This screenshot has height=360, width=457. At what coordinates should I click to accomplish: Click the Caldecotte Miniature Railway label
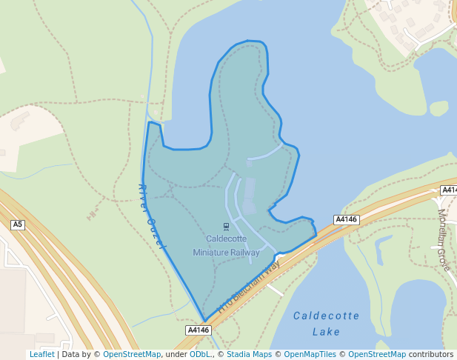226,245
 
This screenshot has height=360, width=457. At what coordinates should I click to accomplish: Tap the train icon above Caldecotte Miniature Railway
226,226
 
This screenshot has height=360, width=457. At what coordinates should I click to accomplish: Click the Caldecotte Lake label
326,324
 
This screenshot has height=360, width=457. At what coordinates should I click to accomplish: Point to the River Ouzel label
153,216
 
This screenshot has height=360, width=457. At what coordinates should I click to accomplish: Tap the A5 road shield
18,224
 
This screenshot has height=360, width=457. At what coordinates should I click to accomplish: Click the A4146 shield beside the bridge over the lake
346,219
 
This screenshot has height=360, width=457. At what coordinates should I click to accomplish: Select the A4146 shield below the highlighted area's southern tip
199,330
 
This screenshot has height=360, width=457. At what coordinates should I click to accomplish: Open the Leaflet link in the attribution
41,355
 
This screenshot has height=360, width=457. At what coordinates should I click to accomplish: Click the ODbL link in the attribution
199,355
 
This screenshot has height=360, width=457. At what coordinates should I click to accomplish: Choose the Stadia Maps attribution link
249,355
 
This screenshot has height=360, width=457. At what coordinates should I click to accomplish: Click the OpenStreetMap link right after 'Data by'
132,355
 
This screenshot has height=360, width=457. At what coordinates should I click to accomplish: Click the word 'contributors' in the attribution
431,355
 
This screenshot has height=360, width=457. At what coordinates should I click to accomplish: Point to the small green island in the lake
438,108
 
